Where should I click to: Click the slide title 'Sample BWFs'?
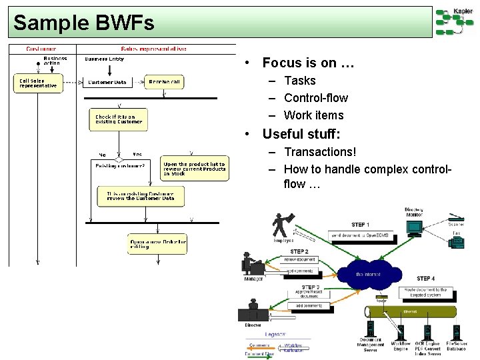[84, 23]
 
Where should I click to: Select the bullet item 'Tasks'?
[299, 81]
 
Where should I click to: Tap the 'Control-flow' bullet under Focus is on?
[315, 98]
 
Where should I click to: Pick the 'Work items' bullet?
[313, 115]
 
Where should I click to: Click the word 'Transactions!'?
[320, 152]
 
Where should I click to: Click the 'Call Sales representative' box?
[38, 83]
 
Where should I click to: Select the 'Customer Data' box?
[107, 82]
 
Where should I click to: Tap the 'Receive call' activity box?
[165, 82]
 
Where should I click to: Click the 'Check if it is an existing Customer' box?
[119, 119]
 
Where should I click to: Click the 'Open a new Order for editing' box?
[157, 243]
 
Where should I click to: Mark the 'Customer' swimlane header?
[41, 49]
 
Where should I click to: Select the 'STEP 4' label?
[425, 278]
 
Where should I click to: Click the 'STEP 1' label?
[361, 225]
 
